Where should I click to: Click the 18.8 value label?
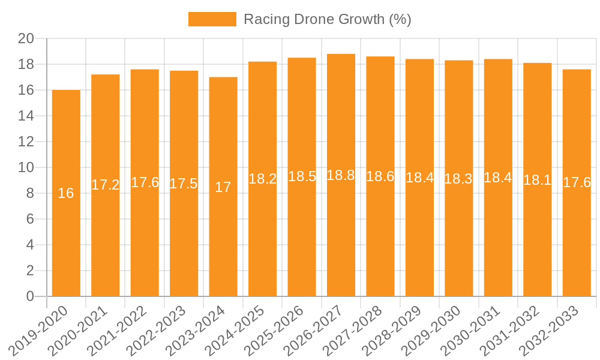point(341,175)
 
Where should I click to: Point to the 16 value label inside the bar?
point(66,193)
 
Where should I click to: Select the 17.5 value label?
point(184,184)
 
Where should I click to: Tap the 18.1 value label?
point(537,180)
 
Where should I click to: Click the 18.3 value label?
point(458,178)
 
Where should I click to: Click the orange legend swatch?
point(212,19)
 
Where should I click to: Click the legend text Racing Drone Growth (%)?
point(327,19)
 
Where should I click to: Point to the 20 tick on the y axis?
point(26,38)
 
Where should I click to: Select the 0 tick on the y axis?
point(30,296)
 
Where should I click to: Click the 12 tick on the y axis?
point(26,142)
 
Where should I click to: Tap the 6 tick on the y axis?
point(30,219)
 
